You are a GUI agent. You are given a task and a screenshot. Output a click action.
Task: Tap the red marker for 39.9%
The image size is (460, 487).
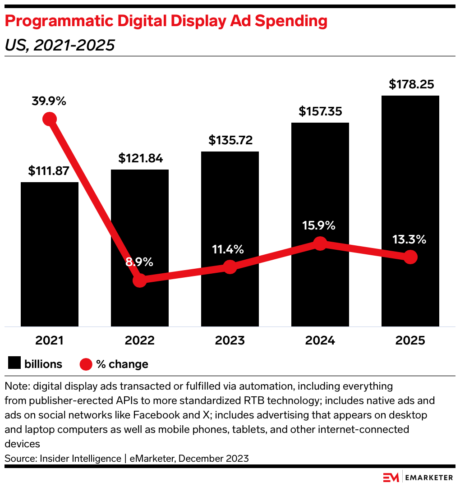coord(50,119)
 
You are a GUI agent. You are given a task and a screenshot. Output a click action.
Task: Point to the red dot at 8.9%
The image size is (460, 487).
coord(140,280)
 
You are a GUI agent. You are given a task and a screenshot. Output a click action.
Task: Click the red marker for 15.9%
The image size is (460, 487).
coord(320,243)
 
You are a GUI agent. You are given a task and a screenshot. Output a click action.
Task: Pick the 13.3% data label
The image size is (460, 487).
coord(409,239)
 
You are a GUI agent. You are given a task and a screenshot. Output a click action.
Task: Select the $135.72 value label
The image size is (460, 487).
coord(230,140)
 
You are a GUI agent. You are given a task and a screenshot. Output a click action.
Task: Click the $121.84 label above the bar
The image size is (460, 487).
coord(140,158)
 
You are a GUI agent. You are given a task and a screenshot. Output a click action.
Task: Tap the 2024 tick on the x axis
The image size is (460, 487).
coord(320,340)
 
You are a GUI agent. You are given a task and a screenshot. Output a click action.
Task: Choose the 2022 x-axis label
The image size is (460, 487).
coord(140,340)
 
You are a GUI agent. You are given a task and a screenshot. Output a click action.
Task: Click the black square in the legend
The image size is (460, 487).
coord(14,363)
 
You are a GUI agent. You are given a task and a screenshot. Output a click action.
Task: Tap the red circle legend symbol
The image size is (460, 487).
coord(86,364)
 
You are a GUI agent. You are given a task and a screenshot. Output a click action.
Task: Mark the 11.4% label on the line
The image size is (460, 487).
coord(228,249)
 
